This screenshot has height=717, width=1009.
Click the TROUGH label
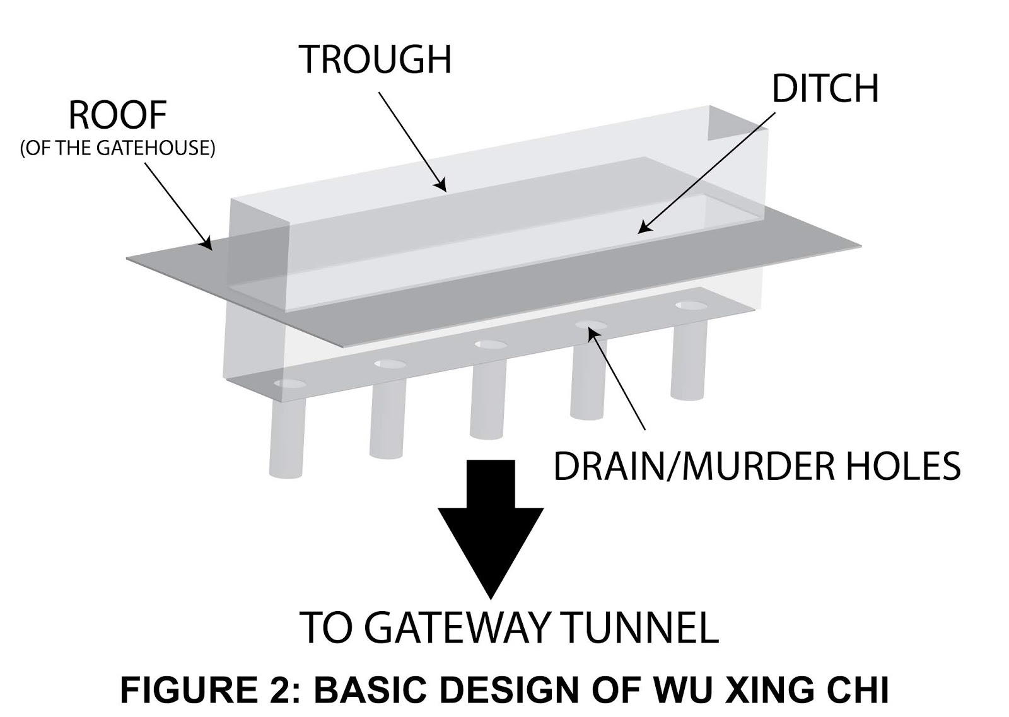375,59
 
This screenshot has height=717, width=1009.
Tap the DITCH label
825,89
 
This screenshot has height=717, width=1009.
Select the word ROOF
117,115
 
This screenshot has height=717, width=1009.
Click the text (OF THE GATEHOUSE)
117,148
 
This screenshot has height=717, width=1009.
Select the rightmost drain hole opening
691,306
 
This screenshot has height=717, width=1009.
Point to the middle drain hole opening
491,345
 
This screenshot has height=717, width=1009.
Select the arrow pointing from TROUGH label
412,141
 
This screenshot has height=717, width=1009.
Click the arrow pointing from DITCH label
706,173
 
